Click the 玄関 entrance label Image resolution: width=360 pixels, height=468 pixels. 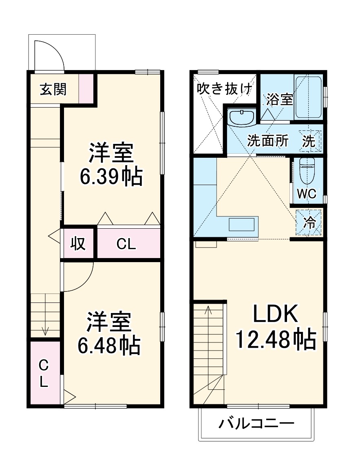tap(53, 90)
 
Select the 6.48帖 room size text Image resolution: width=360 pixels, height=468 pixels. tap(109, 345)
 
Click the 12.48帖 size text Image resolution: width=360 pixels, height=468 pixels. tap(276, 339)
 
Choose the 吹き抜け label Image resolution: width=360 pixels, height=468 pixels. tap(224, 89)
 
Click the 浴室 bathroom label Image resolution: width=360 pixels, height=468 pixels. tap(280, 99)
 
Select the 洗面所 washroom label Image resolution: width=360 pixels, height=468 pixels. tap(268, 141)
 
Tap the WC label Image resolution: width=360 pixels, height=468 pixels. tap(306, 194)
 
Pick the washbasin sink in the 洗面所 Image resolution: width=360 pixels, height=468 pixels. tap(241, 118)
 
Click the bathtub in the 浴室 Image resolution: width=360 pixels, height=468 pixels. tap(308, 97)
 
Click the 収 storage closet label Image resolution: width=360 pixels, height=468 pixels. tap(78, 243)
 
